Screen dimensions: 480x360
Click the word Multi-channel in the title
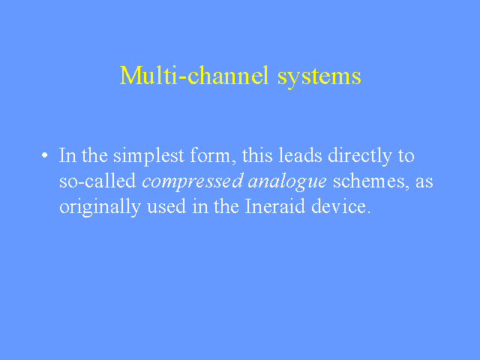194,75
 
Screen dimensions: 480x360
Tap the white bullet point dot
45,155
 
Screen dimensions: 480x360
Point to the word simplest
148,156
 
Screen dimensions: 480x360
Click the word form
210,155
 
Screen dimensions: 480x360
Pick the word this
257,155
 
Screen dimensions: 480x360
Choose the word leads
300,155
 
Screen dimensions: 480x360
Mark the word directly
360,156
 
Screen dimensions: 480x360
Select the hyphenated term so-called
97,181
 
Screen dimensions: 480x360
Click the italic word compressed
193,181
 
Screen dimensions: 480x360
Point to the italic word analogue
287,182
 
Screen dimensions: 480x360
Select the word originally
100,208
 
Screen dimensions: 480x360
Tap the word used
166,206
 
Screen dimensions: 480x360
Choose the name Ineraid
275,206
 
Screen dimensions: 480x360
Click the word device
338,206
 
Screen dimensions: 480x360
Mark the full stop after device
369,212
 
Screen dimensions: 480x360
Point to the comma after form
233,162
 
